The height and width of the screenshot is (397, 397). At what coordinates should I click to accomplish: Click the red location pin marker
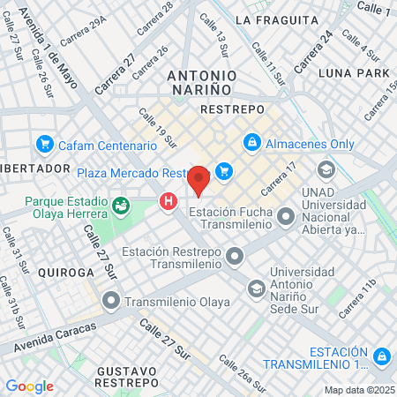198,179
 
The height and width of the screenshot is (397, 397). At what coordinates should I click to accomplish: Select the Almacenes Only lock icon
251,143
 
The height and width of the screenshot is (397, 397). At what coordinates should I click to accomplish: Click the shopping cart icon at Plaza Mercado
223,171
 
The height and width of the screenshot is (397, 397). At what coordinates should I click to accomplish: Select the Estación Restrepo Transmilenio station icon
234,257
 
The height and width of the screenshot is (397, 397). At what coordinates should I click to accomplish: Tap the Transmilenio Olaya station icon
110,302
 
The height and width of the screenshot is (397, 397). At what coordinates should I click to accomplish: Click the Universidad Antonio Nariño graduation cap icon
255,288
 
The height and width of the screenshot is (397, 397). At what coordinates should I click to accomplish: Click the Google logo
29,386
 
